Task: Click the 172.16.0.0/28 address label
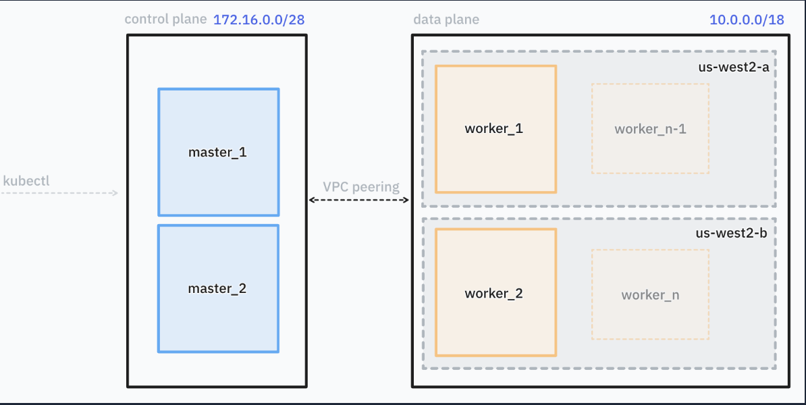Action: coord(259,20)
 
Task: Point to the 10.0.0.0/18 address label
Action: coord(747,20)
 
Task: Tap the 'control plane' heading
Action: coord(165,19)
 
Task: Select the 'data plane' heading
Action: coord(446,20)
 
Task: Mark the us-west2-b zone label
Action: coord(734,233)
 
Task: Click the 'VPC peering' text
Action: coord(360,187)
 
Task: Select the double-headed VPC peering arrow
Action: coord(359,200)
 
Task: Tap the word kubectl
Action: coord(26,181)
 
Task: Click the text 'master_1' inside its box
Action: coord(217,153)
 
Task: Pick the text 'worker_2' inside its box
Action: coord(494,294)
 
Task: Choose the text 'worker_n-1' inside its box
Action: coord(650,129)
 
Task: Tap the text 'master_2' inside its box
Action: coord(217,289)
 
